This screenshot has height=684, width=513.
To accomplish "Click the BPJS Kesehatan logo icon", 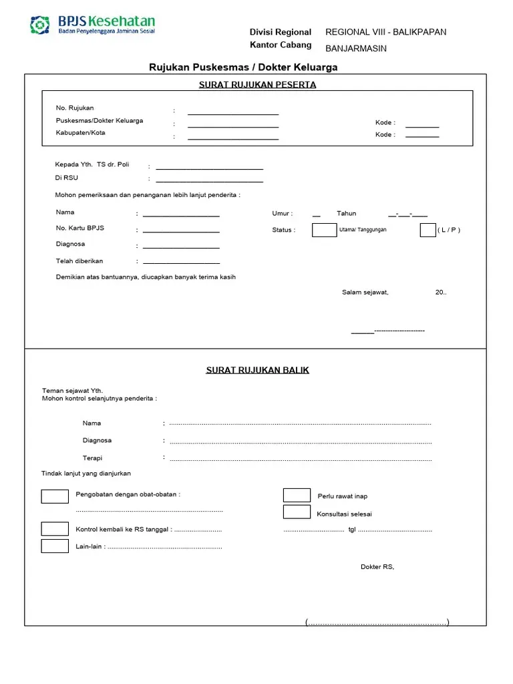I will tap(40, 25).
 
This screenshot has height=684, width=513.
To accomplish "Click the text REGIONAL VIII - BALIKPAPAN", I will tap(385, 32).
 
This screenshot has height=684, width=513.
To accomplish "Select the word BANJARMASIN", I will tap(356, 49).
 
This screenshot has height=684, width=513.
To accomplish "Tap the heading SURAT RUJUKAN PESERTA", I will tap(257, 85).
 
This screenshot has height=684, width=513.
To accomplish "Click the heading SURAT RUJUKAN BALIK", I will tap(257, 370).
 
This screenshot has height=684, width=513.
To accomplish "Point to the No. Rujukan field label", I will tap(75, 108).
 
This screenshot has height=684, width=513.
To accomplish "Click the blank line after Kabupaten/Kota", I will tap(233, 138).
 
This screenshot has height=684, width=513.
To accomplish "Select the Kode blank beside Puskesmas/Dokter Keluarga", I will tap(422, 126).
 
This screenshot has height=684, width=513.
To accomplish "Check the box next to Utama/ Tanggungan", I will tap(325, 230).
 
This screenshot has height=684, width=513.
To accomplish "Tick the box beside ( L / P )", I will tap(427, 230).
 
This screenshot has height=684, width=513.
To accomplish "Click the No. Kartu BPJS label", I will tap(80, 228).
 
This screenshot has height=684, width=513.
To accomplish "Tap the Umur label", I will tap(282, 214).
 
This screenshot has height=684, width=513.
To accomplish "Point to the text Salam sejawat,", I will tap(365, 293).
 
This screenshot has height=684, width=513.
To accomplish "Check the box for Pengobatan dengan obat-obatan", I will tap(55, 496).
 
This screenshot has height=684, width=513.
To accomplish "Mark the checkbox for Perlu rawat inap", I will tap(297, 495).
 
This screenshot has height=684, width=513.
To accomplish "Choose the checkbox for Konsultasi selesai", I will tap(297, 512).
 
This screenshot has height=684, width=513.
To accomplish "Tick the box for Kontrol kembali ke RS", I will tap(55, 529).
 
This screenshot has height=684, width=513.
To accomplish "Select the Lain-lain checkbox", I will tap(55, 546).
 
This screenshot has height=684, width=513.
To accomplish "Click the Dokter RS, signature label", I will tap(377, 567).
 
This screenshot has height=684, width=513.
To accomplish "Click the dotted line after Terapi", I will tap(301, 460).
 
